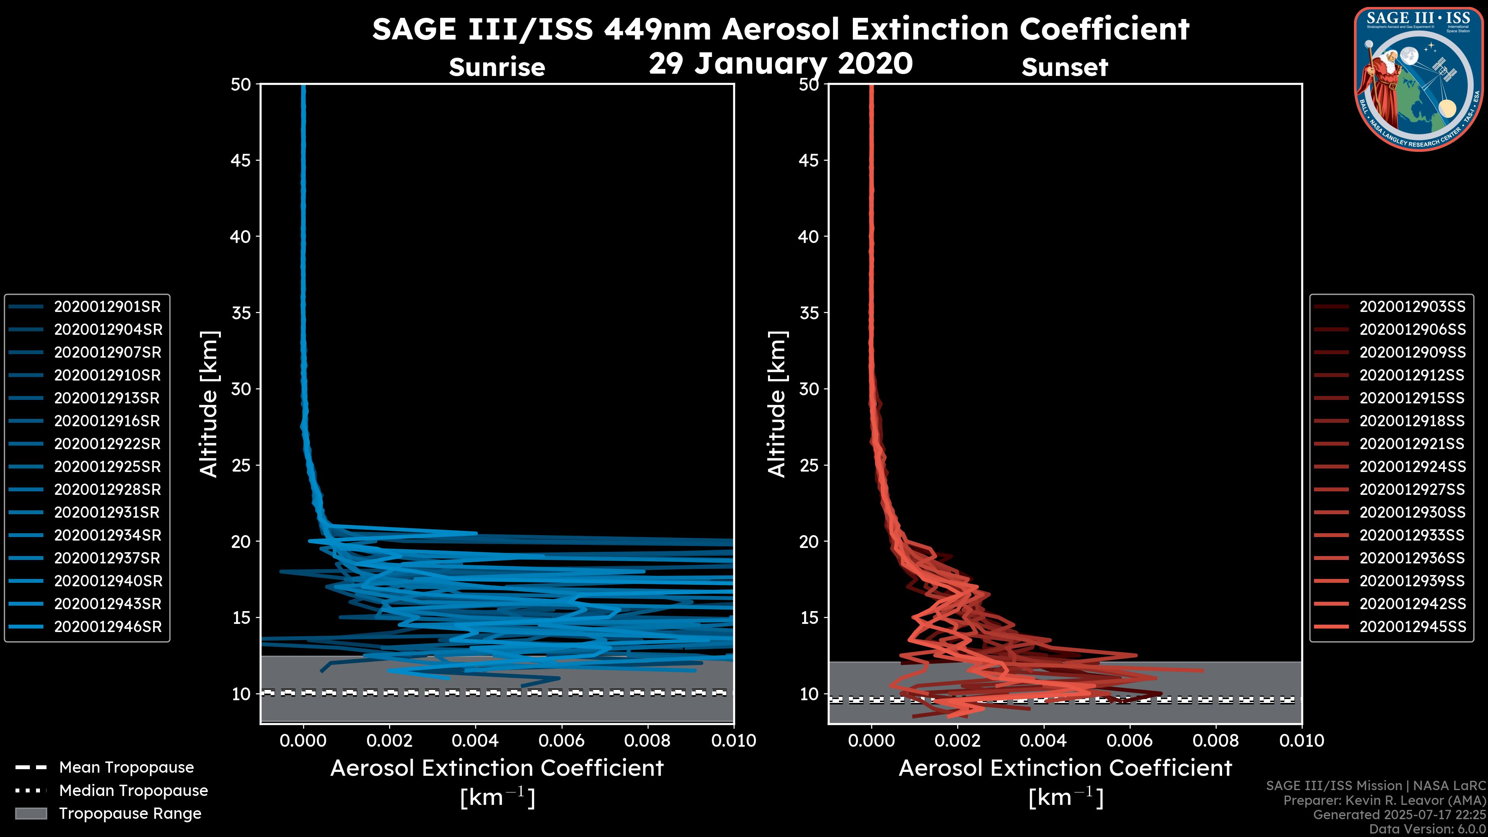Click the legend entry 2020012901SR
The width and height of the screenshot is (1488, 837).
(107, 307)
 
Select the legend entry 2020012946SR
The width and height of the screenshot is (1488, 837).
(107, 627)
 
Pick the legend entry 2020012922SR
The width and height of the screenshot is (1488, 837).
(107, 444)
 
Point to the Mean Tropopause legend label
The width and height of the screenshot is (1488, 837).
(126, 768)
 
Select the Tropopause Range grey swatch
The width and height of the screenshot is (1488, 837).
(31, 813)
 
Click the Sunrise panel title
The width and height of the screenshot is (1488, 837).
(497, 67)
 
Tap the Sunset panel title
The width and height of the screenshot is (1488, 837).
(1064, 67)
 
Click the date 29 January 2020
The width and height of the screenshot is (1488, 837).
(780, 64)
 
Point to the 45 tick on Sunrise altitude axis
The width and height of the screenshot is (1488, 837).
(241, 160)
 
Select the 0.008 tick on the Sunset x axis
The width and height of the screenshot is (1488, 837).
(1216, 741)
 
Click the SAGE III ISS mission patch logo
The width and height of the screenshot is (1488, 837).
(1420, 79)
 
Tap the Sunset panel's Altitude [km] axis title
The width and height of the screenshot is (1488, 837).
(777, 404)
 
